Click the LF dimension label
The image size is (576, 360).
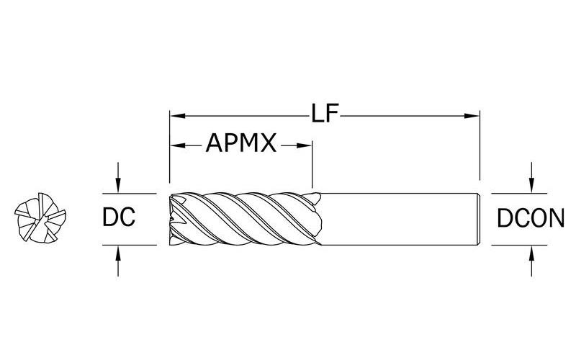[325, 114]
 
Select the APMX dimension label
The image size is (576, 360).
[242, 144]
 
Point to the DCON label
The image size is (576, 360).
[531, 218]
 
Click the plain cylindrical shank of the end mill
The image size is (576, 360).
[396, 219]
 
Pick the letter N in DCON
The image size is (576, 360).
[554, 218]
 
